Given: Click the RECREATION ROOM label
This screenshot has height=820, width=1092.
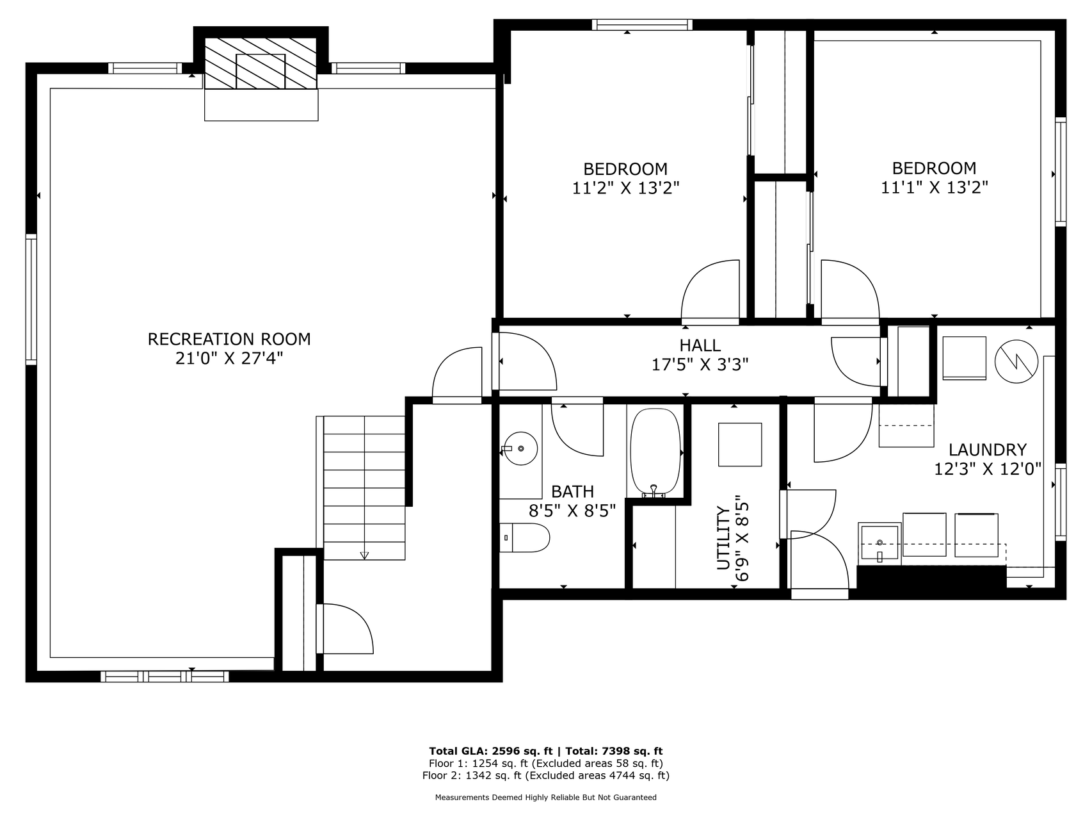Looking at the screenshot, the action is [x=229, y=339].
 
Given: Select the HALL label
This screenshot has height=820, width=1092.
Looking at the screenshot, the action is [x=700, y=345].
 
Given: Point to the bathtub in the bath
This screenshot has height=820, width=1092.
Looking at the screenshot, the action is [x=655, y=452].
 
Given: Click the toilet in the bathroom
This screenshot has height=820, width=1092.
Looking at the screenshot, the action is [x=524, y=537].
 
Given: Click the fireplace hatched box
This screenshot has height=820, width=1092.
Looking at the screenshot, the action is [x=261, y=63].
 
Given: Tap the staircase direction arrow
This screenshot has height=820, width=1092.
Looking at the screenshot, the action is [x=364, y=555].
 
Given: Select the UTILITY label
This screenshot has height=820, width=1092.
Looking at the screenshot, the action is [x=723, y=538].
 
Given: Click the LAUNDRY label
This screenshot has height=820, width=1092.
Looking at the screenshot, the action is [x=988, y=450].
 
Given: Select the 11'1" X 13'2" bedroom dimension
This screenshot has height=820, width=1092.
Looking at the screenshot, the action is [x=935, y=188].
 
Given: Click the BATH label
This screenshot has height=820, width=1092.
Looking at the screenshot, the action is [x=572, y=492].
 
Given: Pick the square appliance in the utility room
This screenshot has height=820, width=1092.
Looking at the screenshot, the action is [x=740, y=445].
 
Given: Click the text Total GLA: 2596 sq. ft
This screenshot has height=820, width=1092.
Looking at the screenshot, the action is [x=492, y=751].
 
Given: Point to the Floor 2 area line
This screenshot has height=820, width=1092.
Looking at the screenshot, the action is [x=546, y=776].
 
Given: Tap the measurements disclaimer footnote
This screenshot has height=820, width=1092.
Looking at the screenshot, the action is [x=546, y=798].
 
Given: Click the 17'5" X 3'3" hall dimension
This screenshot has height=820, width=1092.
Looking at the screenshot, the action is [x=700, y=365].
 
